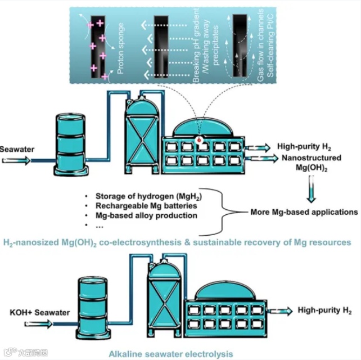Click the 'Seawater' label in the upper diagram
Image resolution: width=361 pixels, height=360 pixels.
pyautogui.click(x=17, y=149)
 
